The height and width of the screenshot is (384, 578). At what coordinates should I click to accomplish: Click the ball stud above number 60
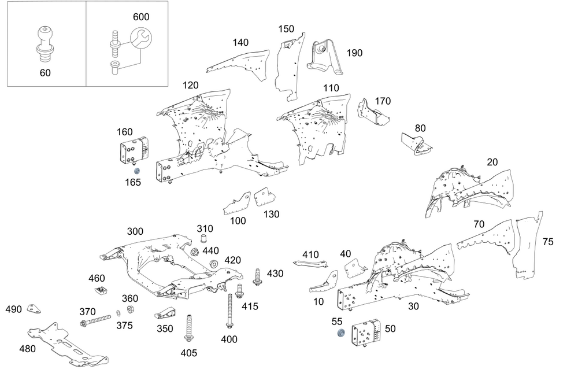(45, 40)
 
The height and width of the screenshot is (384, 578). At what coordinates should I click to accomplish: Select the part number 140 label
(240, 42)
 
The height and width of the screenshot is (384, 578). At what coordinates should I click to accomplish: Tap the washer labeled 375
(119, 313)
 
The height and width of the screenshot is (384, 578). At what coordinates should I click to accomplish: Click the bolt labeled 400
(230, 311)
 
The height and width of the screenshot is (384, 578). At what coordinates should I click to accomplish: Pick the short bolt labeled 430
(257, 277)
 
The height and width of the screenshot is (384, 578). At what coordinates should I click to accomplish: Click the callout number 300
(135, 231)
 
